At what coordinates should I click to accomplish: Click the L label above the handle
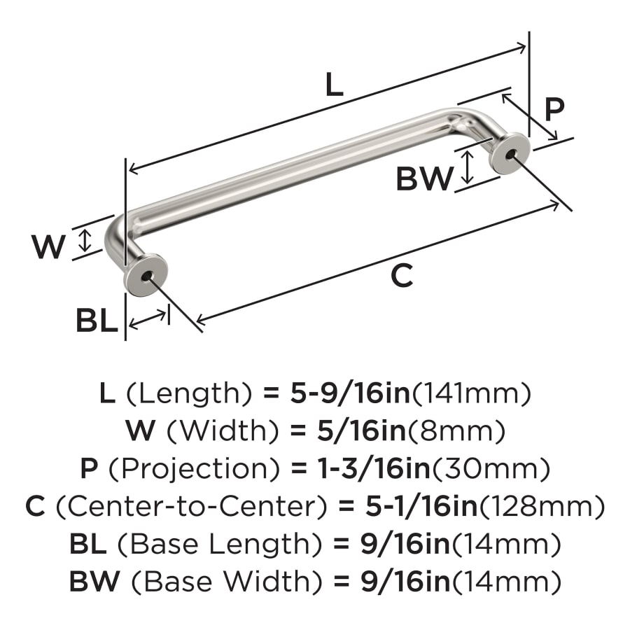pyautogui.click(x=335, y=85)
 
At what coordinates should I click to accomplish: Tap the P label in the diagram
pyautogui.click(x=554, y=110)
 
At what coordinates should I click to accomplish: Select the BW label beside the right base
pyautogui.click(x=424, y=178)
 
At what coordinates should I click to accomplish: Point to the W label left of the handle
pyautogui.click(x=48, y=247)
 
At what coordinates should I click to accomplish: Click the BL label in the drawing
pyautogui.click(x=97, y=321)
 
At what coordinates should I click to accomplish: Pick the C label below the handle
pyautogui.click(x=402, y=276)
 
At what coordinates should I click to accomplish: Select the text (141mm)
pyautogui.click(x=471, y=394)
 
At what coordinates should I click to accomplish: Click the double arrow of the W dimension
pyautogui.click(x=85, y=240)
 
